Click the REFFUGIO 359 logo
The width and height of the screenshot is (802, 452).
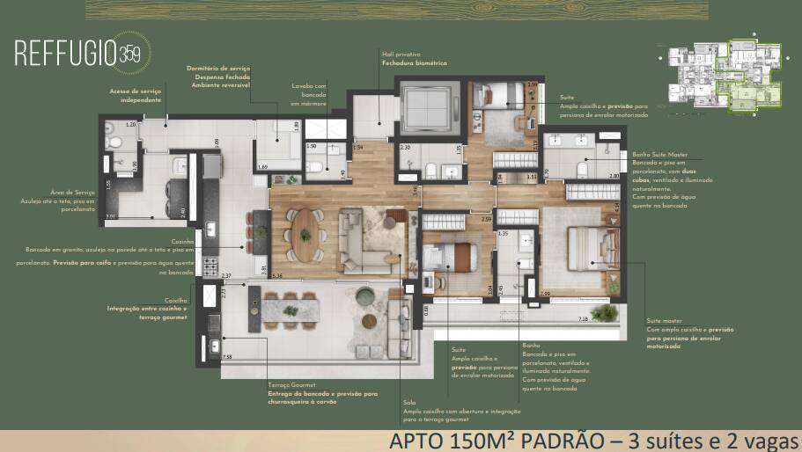pyautogui.click(x=77, y=52)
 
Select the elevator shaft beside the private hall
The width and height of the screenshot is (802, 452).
pyautogui.click(x=427, y=109)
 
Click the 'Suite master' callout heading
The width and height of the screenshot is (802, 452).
pyautogui.click(x=665, y=321)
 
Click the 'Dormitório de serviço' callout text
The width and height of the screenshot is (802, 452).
pyautogui.click(x=218, y=68)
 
